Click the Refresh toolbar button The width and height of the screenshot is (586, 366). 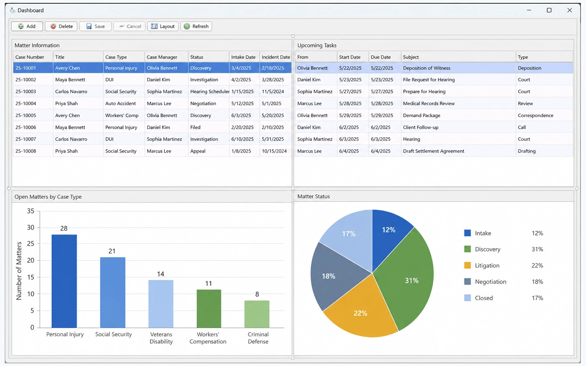point(196,26)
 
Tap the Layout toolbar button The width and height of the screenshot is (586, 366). point(163,26)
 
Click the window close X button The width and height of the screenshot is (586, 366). point(570,10)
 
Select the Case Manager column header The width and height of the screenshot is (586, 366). point(162,57)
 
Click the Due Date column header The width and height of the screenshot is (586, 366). point(381,57)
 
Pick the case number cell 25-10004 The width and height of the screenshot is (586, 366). point(26,103)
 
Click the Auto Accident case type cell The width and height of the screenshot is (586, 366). point(120,103)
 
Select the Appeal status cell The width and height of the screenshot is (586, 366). point(198,151)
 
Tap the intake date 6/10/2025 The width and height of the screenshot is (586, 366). point(242,139)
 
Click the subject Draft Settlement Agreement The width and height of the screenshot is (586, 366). point(434,151)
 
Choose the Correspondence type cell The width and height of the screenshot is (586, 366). point(535,115)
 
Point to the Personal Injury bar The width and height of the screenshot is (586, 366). point(64,281)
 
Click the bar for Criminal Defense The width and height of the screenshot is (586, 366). point(257,314)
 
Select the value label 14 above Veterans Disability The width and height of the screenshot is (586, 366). point(160,274)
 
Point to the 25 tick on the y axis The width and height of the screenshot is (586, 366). point(31,244)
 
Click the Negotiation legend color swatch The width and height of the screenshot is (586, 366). point(467,281)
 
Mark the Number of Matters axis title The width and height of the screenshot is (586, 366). point(19,271)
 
